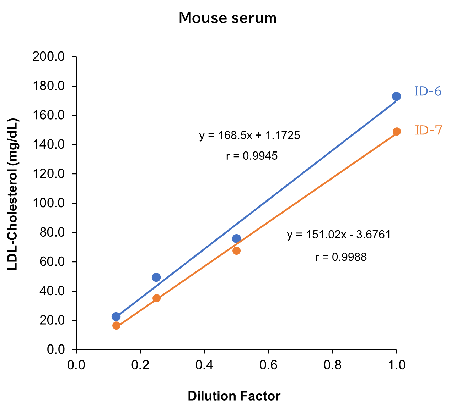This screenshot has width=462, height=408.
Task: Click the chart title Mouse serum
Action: [227, 18]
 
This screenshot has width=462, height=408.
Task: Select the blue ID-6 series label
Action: [428, 92]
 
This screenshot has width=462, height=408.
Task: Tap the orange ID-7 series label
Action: [429, 131]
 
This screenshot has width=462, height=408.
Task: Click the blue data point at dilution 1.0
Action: [396, 97]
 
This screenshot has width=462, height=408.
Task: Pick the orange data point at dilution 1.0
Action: [397, 132]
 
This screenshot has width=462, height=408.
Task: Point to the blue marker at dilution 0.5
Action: [236, 238]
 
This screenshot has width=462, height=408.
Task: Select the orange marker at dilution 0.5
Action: [236, 251]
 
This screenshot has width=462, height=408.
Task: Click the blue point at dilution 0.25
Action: [156, 277]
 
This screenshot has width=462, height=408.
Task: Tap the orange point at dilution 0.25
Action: [156, 298]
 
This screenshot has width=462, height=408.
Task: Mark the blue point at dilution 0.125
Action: [116, 316]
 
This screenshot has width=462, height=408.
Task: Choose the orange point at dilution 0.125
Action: [116, 326]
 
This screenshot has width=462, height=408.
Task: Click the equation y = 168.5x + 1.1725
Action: [249, 135]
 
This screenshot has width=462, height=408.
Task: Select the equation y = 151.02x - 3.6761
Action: [339, 235]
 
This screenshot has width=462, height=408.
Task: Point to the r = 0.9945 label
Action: [252, 156]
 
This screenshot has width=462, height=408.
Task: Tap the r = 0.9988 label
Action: [341, 257]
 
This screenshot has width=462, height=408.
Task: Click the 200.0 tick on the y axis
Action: [48, 57]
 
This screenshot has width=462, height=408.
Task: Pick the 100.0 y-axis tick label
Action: [48, 203]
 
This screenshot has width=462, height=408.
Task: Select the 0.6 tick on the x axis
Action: [268, 365]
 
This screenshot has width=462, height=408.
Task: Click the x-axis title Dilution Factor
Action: [234, 396]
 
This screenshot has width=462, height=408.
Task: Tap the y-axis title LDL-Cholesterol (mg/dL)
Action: [13, 194]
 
